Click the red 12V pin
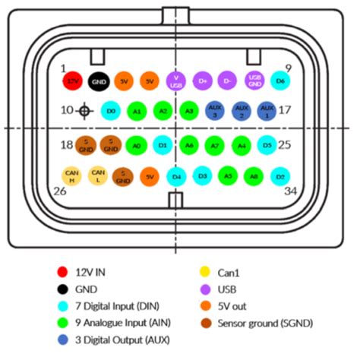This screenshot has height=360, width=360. coord(72,80)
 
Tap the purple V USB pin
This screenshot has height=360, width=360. coord(176,80)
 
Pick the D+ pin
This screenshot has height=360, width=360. coord(202,80)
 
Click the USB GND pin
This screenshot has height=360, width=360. coord(255,80)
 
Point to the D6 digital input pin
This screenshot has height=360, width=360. coord(280,80)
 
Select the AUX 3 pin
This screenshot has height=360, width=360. coord(215,111)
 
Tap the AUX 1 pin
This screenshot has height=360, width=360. coord(267,111)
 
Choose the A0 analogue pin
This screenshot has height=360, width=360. coord(137,144)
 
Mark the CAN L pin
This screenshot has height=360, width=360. coord(97,176)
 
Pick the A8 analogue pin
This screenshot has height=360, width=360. coord(254,176)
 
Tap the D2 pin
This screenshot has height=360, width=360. coord(280,176)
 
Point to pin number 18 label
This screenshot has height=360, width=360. coord(67,144)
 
